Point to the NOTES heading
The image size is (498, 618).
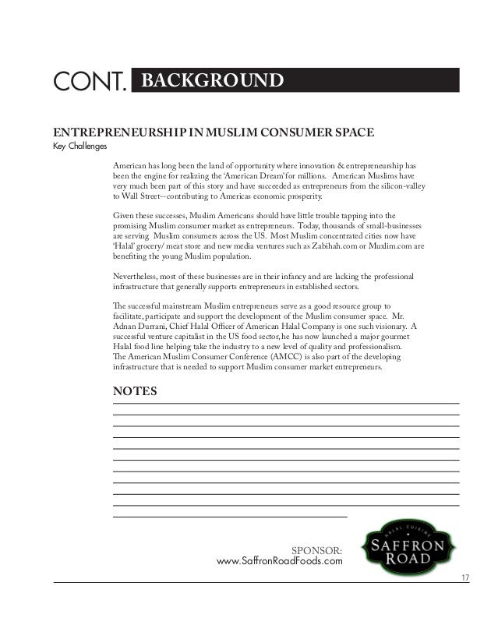135,390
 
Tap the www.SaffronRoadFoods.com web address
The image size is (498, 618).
279,563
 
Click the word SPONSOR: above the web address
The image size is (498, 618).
316,551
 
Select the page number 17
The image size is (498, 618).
465,577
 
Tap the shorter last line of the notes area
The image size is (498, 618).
230,517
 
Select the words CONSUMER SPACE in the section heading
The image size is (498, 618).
322,132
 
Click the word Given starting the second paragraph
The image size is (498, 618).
125,215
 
